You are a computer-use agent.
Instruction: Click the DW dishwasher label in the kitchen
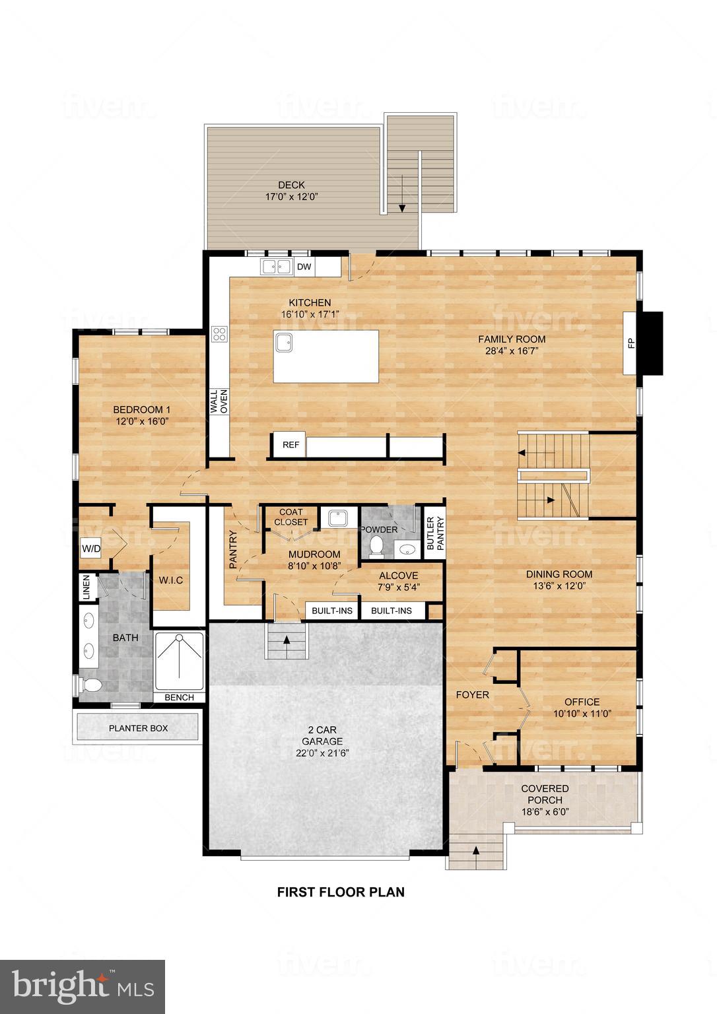(x=304, y=267)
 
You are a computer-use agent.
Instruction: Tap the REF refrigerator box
(x=291, y=445)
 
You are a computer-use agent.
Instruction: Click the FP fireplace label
(x=631, y=343)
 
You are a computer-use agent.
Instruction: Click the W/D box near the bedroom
(x=90, y=549)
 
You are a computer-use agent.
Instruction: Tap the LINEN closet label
(x=86, y=587)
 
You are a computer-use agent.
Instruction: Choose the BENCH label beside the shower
(x=179, y=697)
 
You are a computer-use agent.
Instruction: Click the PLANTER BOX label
(x=138, y=728)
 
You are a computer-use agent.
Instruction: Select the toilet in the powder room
(x=376, y=545)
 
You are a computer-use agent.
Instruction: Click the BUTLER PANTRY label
(x=435, y=533)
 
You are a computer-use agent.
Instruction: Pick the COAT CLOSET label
(x=290, y=517)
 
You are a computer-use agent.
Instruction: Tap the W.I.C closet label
(x=170, y=580)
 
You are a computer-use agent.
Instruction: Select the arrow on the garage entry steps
(x=287, y=639)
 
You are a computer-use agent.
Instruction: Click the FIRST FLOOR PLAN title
(x=341, y=892)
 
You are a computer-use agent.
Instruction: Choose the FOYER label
(x=473, y=694)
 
